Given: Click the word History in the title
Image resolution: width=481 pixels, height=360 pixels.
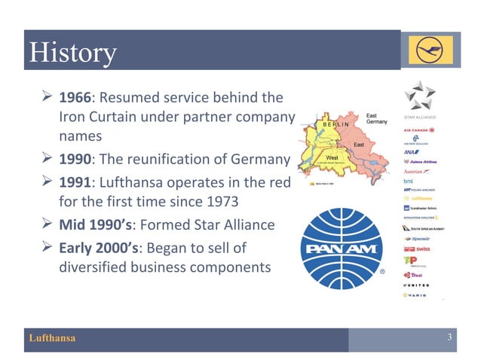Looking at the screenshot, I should (72, 53).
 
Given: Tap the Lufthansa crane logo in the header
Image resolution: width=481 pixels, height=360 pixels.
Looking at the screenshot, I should (430, 49).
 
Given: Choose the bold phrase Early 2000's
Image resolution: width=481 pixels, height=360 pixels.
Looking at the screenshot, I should (103, 246).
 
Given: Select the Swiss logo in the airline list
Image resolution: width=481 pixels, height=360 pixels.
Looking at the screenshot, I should (419, 248).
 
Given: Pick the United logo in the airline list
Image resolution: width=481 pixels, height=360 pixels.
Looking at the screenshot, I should (419, 285).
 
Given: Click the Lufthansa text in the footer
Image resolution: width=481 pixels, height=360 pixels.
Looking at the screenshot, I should (52, 339).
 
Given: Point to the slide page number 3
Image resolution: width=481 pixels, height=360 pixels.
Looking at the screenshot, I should (449, 338).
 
